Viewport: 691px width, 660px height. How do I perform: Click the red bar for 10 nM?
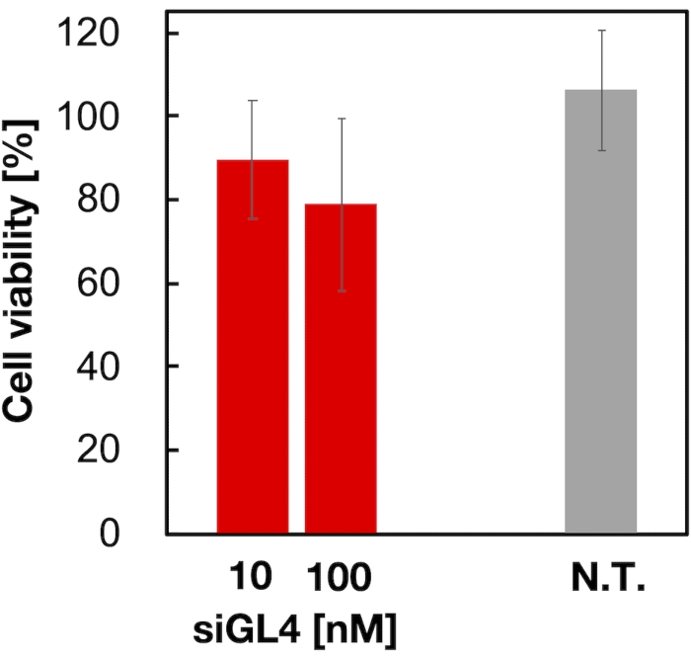(252, 346)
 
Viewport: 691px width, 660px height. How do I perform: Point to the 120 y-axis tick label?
(116, 34)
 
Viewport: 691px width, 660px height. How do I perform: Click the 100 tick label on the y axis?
(116, 117)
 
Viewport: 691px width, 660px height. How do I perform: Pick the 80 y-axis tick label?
(125, 200)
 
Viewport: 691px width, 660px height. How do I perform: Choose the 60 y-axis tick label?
(125, 284)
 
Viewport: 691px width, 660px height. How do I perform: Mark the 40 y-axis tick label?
(125, 367)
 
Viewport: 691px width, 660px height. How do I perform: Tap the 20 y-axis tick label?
(125, 451)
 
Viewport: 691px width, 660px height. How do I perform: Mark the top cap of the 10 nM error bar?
(252, 101)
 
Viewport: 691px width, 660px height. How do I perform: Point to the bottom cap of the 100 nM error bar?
(341, 291)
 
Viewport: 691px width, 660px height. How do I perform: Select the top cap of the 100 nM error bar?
(341, 119)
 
